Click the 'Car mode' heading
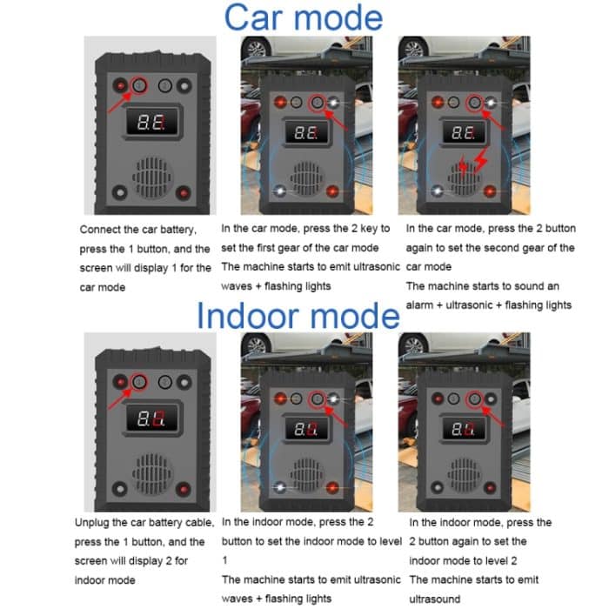click(x=302, y=17)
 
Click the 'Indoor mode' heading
click(x=298, y=315)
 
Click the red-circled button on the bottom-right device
click(x=475, y=398)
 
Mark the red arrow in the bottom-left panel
click(x=121, y=399)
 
